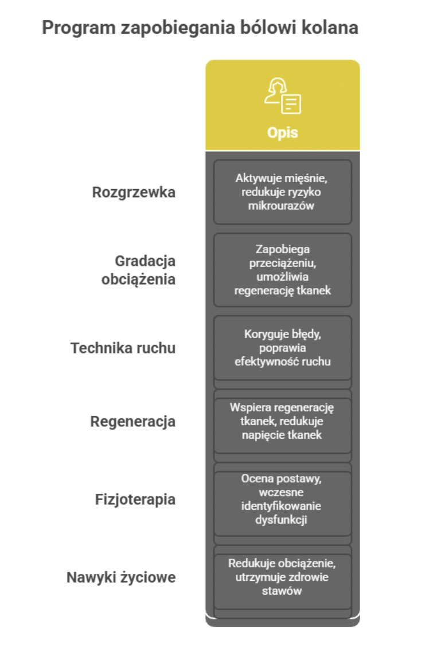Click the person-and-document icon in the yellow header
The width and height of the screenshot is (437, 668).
[x=283, y=96]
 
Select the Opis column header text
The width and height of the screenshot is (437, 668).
[x=283, y=132]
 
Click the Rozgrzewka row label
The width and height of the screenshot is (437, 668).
[x=134, y=192]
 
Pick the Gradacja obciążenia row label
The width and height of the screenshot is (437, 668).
[x=138, y=270]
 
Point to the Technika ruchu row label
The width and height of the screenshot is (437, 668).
[x=123, y=348]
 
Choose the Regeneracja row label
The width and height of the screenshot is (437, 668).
[x=132, y=422]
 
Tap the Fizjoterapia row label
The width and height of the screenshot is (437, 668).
[x=135, y=500]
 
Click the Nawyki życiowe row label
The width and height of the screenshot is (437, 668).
[x=121, y=577]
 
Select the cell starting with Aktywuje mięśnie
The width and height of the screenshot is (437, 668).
[x=283, y=192]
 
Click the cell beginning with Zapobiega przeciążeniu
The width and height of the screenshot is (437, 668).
[x=283, y=270]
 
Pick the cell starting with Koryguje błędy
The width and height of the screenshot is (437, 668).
[x=283, y=348]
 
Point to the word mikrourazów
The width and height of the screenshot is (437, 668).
[x=282, y=206]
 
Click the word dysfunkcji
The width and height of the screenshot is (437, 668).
[x=282, y=520]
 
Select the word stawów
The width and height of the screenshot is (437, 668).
[x=282, y=591]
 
